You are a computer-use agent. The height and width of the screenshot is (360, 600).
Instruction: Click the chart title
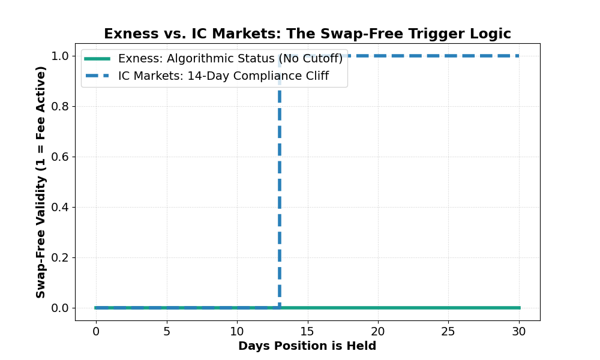point(307,34)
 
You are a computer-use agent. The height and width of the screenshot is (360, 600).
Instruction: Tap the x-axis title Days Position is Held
point(307,346)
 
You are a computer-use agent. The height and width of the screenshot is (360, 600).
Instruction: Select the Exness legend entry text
point(230,59)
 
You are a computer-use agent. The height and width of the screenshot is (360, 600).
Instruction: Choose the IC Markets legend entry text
point(223,76)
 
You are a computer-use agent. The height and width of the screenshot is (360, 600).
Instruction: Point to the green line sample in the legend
point(97,59)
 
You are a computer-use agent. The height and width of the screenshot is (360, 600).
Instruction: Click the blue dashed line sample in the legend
point(97,76)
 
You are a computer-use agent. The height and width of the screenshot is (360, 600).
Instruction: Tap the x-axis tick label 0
point(96,331)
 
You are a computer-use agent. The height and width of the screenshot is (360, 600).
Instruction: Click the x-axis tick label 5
point(167,331)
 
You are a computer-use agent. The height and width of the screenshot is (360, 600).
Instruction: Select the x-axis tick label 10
point(237,331)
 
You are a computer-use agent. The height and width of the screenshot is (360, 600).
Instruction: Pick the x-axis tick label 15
point(308,331)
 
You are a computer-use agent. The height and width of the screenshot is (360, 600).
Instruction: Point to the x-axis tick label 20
point(378,331)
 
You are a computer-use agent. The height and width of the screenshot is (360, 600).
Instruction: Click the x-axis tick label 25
point(449,331)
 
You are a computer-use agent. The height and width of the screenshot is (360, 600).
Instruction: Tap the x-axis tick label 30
point(520,331)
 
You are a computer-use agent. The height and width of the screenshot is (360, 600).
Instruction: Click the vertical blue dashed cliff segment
point(280,192)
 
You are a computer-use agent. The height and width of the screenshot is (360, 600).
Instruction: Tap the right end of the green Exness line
point(519,308)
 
